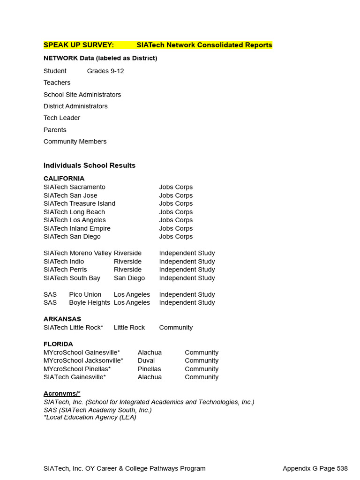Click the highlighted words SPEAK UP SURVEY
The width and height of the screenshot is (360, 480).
78,45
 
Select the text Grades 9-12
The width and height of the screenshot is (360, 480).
105,71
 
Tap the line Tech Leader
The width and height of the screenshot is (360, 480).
62,118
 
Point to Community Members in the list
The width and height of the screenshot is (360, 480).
75,141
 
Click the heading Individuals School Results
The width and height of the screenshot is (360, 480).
90,165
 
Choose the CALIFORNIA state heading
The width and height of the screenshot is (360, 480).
64,179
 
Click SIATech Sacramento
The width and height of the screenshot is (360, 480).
75,187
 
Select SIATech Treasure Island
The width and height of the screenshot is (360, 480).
79,203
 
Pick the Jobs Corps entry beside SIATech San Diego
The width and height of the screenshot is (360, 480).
176,236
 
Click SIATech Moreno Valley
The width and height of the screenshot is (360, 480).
77,253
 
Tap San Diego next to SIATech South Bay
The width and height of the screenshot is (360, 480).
129,278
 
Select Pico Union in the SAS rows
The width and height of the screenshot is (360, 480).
85,294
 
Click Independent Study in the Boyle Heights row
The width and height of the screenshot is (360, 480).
187,302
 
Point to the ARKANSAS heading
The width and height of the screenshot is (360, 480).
62,319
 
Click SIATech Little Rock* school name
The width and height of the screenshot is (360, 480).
73,328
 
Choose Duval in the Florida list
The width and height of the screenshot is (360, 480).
146,360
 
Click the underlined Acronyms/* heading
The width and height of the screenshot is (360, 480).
62,393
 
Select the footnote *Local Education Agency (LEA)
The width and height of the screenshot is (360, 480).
90,417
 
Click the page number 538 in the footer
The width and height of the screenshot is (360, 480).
342,468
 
